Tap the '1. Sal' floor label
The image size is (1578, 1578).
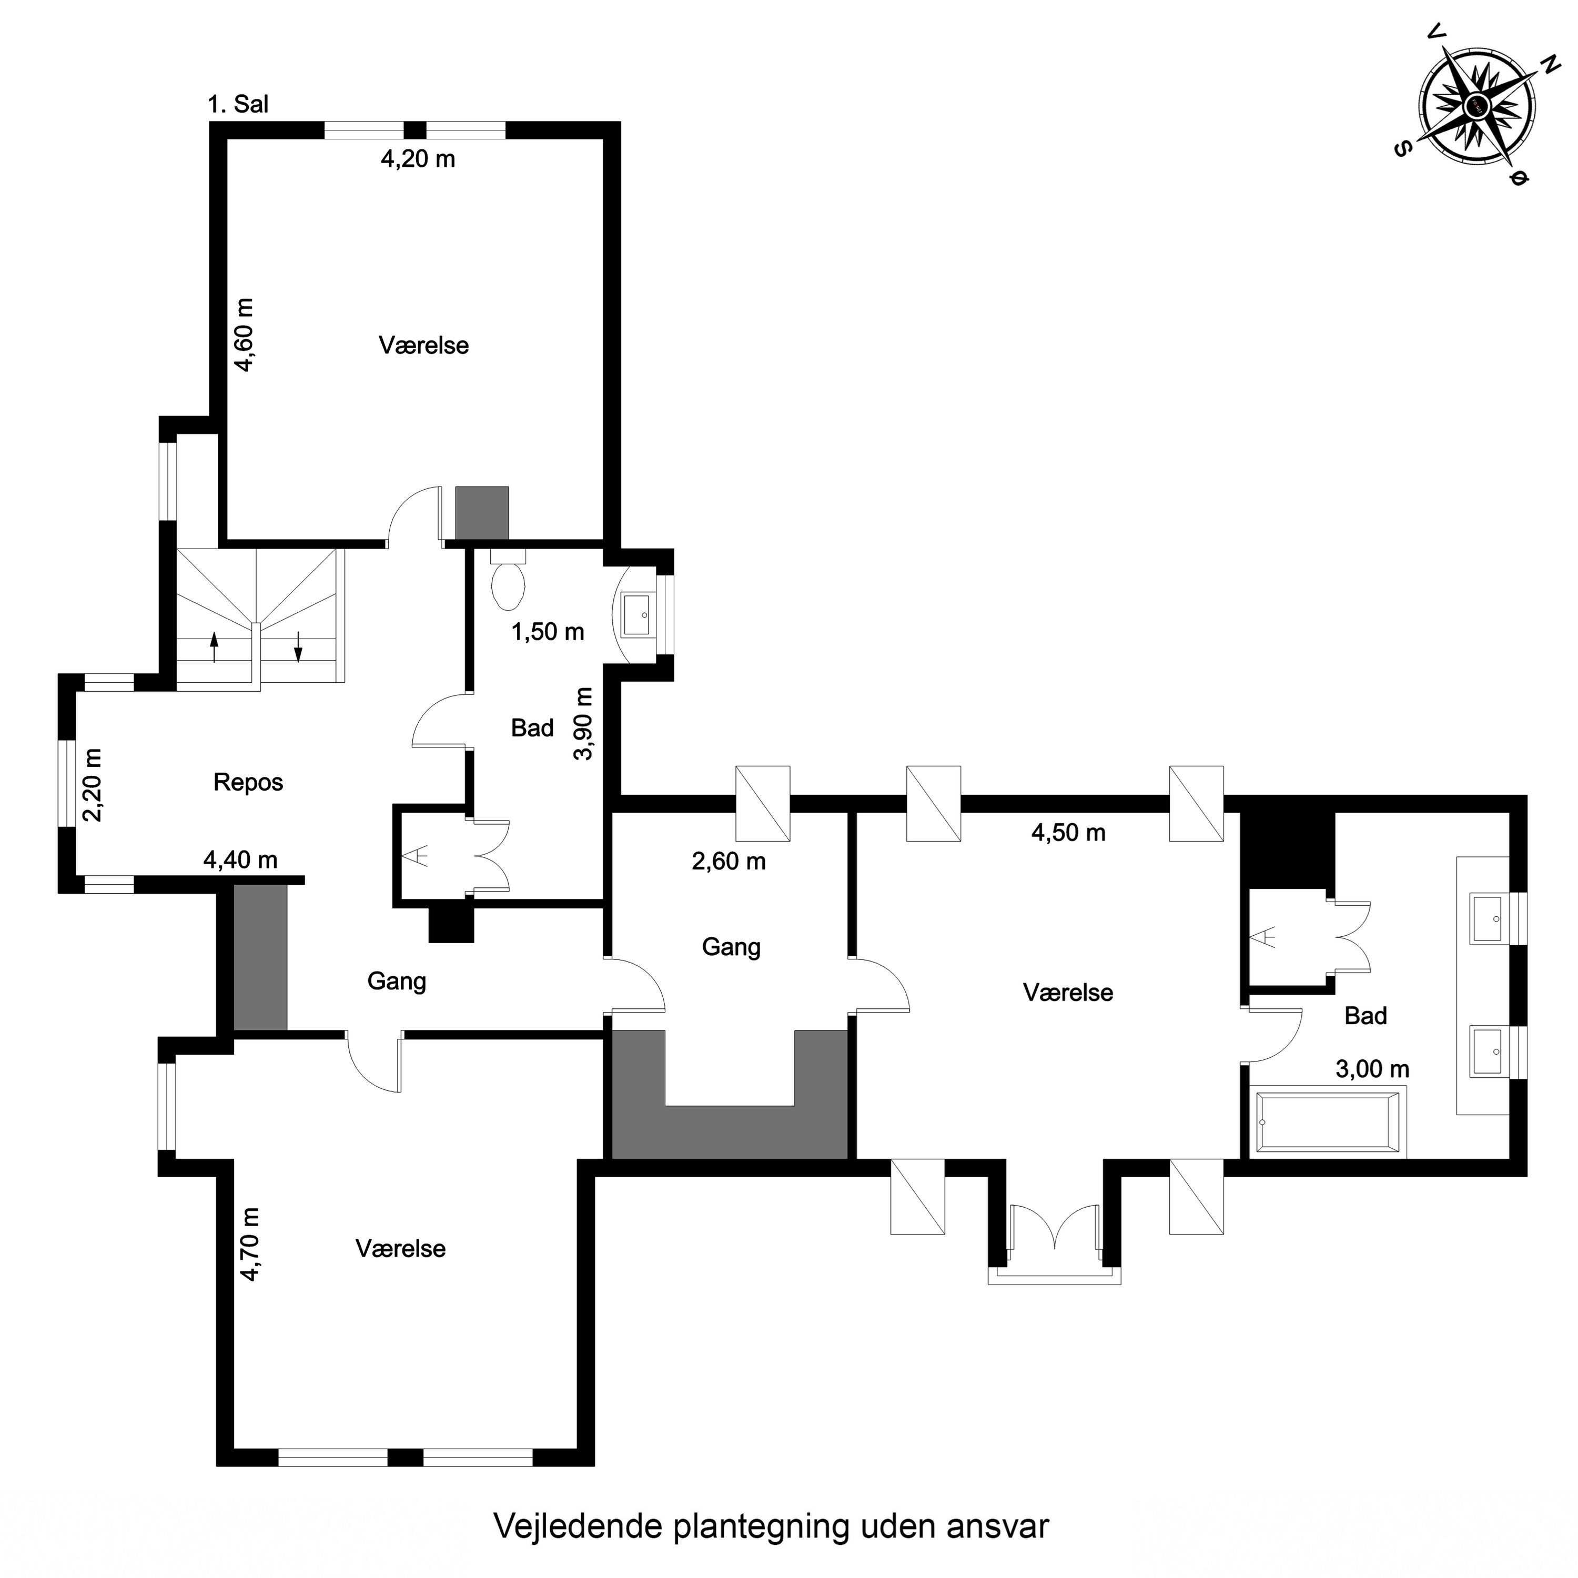coord(238,105)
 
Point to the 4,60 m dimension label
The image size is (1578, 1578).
coord(245,335)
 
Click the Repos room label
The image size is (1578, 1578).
coord(248,783)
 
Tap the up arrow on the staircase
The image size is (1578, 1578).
coord(215,647)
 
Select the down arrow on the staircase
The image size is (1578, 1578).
coord(298,647)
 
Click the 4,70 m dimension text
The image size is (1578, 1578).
coord(250,1244)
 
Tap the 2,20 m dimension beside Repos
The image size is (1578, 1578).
coord(93,785)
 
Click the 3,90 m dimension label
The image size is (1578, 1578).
coord(583,724)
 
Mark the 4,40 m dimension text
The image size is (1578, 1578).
coord(240,860)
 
